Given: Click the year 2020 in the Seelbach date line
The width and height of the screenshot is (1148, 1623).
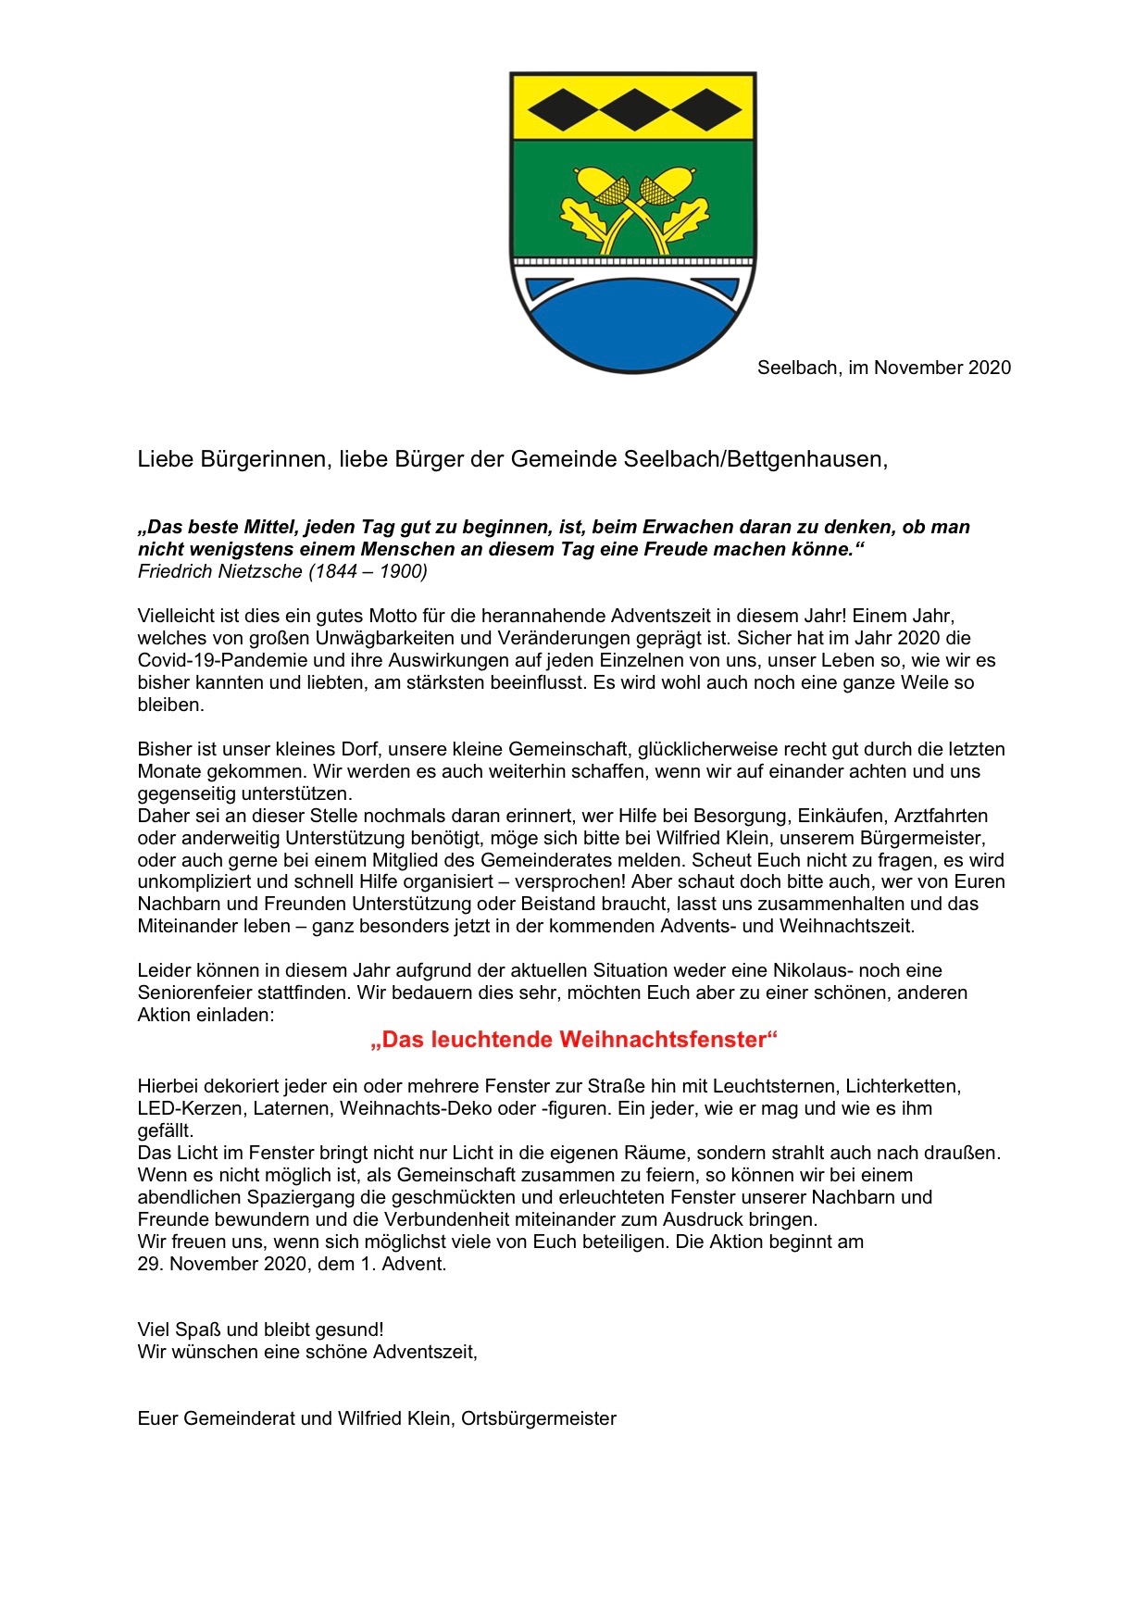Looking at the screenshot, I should pos(990,368).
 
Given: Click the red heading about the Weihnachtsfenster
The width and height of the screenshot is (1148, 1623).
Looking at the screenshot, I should pos(574,1040).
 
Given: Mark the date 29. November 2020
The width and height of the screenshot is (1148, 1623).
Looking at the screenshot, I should pos(222,1264).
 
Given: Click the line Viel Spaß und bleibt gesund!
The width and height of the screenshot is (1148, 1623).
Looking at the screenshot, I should pos(260,1330).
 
